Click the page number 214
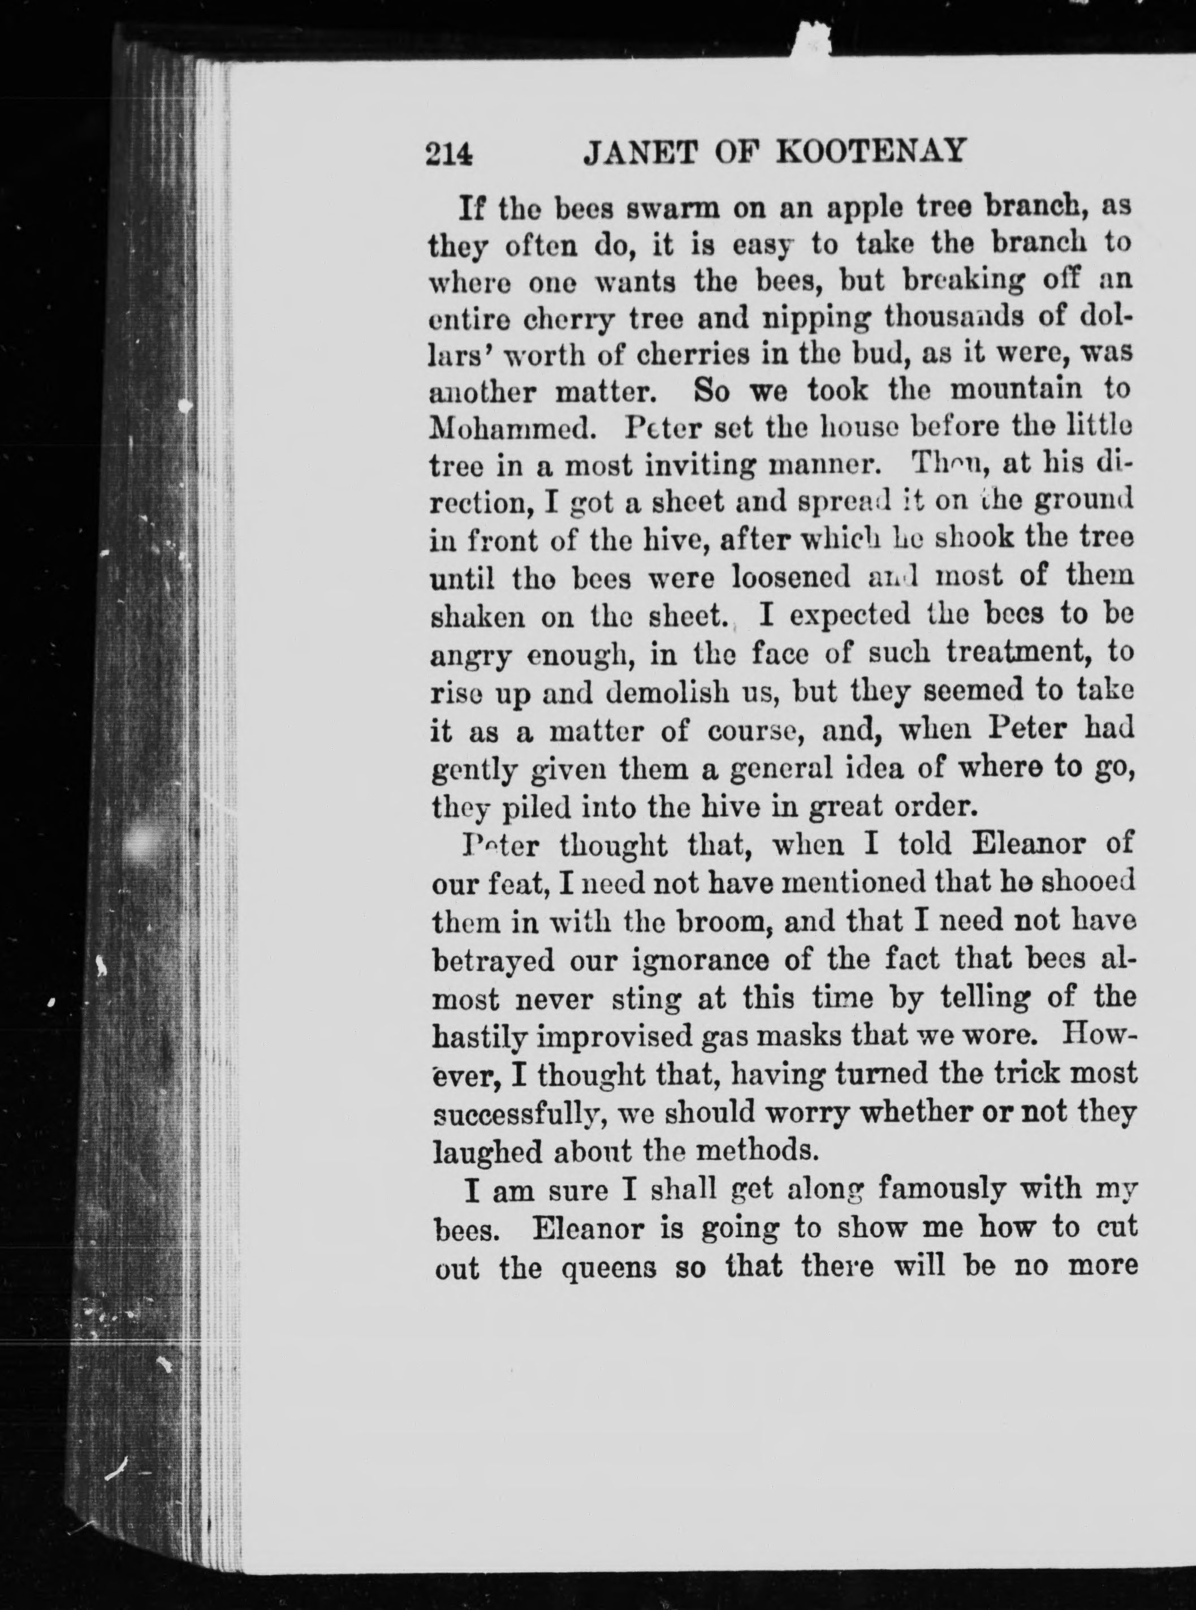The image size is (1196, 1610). click(449, 153)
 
